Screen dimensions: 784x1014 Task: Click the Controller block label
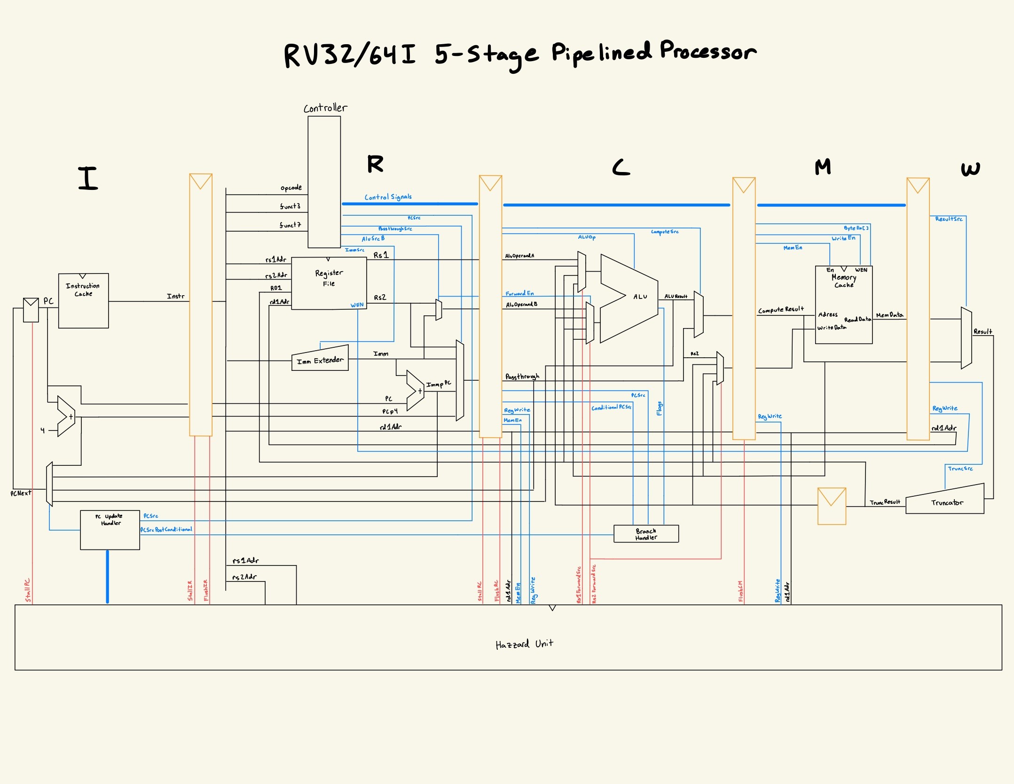pos(325,108)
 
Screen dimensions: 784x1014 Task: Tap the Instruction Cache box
pos(83,301)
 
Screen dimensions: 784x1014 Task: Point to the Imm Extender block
pos(320,360)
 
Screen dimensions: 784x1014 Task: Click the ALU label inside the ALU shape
pos(640,297)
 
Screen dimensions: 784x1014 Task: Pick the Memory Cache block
pos(843,305)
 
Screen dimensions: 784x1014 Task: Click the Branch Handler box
pos(646,534)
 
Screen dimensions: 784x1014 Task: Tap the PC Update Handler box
pos(110,530)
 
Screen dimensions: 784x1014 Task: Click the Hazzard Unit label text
pos(524,644)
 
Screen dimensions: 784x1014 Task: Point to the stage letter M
pos(823,167)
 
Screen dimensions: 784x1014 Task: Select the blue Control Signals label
pos(388,197)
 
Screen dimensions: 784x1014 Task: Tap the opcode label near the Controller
pos(291,188)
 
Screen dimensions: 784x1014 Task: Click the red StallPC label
pos(28,590)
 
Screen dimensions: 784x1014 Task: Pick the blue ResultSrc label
pos(949,219)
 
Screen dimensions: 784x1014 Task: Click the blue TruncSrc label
pos(960,469)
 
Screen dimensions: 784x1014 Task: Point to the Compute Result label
pos(781,310)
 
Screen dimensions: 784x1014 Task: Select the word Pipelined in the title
pos(601,53)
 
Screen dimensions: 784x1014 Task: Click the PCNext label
pos(21,493)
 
